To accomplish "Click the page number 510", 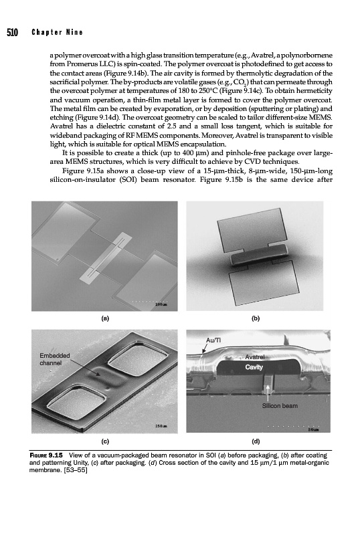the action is [x=12, y=32].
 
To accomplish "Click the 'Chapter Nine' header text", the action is [x=57, y=32].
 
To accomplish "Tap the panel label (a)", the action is [x=106, y=318].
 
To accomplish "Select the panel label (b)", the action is [x=256, y=318].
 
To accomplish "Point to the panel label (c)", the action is [x=105, y=441].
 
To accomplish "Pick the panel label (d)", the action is [x=256, y=441].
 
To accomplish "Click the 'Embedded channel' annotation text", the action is [x=55, y=359].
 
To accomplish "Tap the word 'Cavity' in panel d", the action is [x=254, y=367].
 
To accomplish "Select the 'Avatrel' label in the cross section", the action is [x=255, y=357].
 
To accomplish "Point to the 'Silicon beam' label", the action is [x=280, y=406].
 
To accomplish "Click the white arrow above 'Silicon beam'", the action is [x=268, y=393].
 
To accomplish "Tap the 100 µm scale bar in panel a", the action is [x=150, y=302].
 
